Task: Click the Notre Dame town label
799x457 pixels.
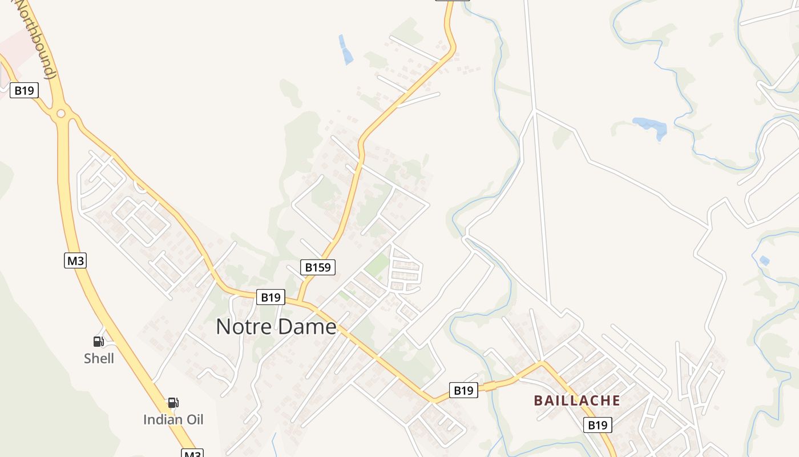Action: [x=276, y=327]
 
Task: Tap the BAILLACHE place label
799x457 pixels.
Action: [x=576, y=400]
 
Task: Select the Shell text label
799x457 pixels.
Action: [x=99, y=359]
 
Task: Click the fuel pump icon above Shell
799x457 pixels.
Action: [x=99, y=342]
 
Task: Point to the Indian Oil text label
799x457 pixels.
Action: [x=173, y=420]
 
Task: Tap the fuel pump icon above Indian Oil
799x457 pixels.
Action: [x=173, y=403]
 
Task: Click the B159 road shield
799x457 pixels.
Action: [x=318, y=267]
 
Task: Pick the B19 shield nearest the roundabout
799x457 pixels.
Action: [x=24, y=90]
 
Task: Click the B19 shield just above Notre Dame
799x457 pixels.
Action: [x=271, y=297]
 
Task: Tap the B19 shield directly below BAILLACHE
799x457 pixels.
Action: [x=598, y=425]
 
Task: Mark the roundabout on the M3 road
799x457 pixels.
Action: [x=61, y=113]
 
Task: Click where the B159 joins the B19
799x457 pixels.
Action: [x=299, y=300]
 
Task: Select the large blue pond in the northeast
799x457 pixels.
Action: [x=651, y=126]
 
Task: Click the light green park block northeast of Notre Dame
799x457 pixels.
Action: [x=377, y=265]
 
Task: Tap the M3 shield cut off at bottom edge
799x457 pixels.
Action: [x=192, y=454]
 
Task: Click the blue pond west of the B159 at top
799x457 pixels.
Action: [x=345, y=50]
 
